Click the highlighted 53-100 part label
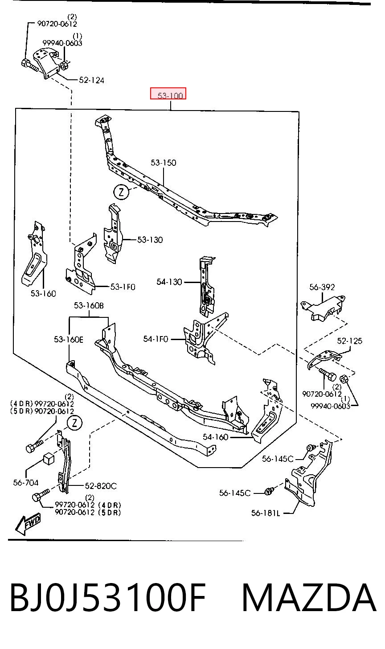170,95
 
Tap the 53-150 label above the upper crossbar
164,163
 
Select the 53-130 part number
150,240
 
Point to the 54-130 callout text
169,282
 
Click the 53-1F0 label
123,287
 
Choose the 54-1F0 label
156,339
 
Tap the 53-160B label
89,305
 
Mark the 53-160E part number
69,339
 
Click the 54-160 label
216,437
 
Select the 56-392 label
322,287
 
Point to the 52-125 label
349,341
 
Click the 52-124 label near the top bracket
91,80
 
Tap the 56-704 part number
26,482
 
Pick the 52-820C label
101,485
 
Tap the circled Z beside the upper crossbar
121,192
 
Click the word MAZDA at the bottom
309,597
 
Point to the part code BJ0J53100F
108,598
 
